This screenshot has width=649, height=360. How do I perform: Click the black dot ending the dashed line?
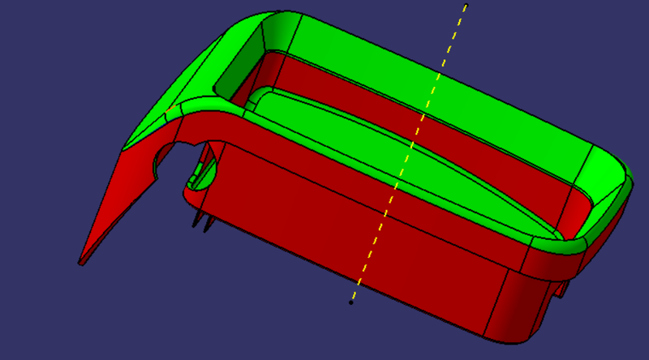tap(350, 302)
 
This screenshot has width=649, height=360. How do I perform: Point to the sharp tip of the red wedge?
tap(80, 263)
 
